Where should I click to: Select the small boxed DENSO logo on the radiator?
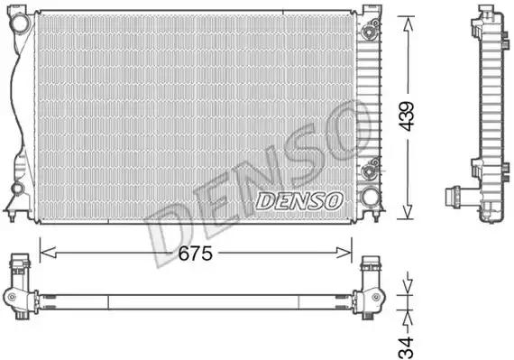tap(298, 200)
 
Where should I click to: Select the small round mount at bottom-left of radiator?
tap(17, 189)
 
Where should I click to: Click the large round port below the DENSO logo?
tap(368, 197)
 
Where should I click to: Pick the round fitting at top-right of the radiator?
tap(369, 31)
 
